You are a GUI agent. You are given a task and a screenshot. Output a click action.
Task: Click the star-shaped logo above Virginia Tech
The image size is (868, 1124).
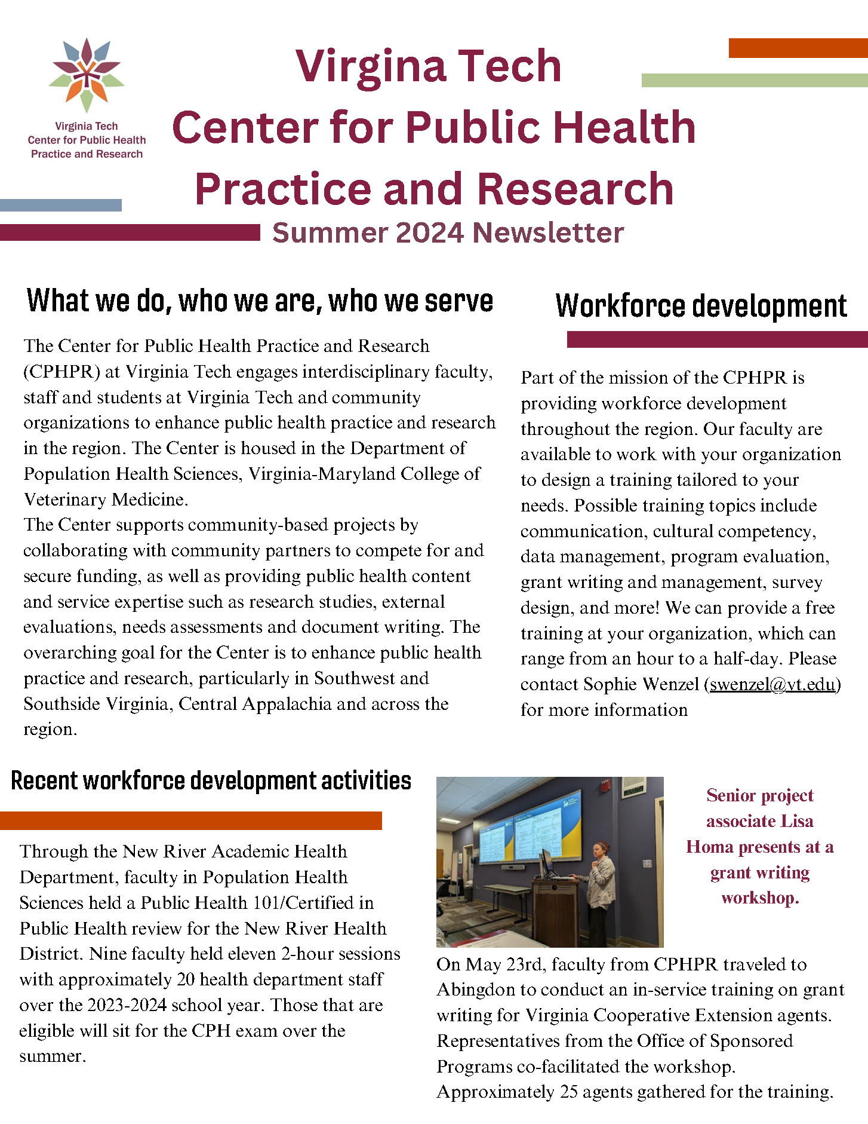(x=87, y=75)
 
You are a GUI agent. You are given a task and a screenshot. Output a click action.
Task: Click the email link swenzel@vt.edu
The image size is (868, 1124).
(x=772, y=684)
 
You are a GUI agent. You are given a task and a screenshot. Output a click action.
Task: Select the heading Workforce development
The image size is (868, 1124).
(x=701, y=306)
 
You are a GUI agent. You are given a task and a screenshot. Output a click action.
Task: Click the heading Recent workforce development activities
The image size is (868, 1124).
(x=211, y=781)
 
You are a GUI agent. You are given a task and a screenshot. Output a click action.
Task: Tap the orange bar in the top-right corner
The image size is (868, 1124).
(x=798, y=48)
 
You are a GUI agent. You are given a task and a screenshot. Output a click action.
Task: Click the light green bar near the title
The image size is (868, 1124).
(x=754, y=81)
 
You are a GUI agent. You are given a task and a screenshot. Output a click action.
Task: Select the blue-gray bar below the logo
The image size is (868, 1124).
(x=61, y=206)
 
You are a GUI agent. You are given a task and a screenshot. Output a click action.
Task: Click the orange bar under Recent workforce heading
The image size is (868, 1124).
(x=190, y=820)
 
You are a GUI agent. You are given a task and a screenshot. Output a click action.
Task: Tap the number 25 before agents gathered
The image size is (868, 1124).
(x=568, y=1092)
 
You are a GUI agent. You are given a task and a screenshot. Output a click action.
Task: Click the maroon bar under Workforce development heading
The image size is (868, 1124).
(x=717, y=339)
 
